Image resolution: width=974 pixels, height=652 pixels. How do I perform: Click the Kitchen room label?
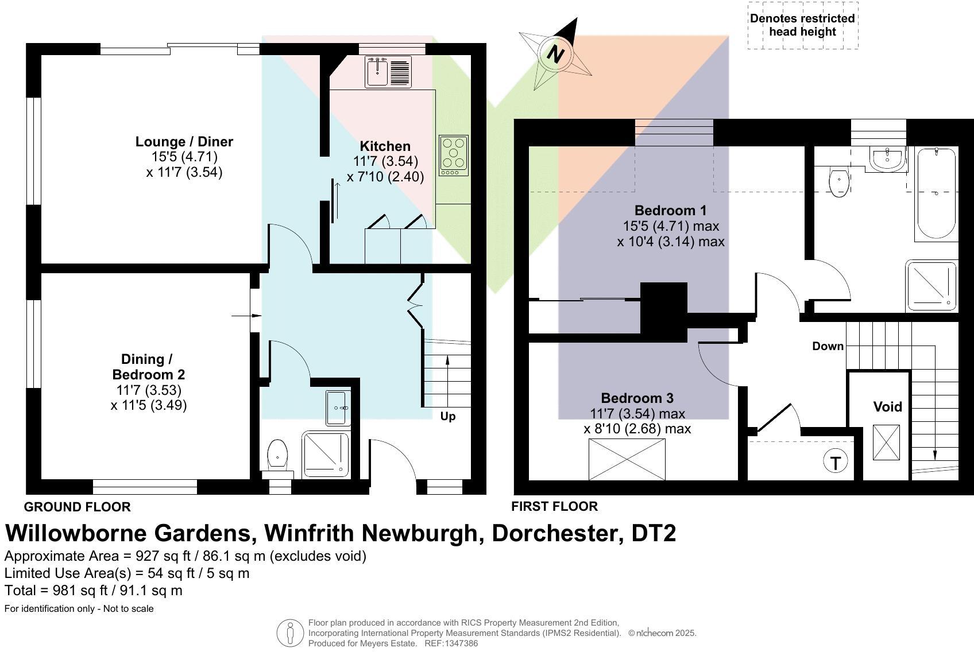pos(385,146)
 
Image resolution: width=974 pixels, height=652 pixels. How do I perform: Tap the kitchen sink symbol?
pos(388,72)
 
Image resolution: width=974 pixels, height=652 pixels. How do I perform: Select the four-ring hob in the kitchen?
pos(454,155)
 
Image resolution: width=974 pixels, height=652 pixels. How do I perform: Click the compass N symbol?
pos(555,54)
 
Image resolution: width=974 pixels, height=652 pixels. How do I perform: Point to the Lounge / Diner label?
pos(184,142)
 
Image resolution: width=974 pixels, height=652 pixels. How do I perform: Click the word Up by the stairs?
pos(448,416)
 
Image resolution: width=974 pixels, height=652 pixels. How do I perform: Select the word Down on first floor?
pos(828,346)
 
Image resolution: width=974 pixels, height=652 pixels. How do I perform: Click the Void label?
pos(887,407)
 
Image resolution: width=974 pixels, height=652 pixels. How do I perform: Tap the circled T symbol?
pos(835,462)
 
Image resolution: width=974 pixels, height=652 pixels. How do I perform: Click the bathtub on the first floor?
pos(936,193)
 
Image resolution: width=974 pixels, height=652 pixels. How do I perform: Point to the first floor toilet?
pos(840,181)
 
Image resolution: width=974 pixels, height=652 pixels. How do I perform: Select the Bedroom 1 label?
pos(670,210)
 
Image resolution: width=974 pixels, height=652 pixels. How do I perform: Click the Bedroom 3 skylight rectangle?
pos(627,459)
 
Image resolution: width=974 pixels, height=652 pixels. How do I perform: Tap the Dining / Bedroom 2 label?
pos(148,367)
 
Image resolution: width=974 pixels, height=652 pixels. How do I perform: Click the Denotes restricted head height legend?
pos(802,25)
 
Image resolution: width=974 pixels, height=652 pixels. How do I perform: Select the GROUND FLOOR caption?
pos(77,507)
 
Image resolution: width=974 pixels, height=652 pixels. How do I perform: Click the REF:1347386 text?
pos(451,643)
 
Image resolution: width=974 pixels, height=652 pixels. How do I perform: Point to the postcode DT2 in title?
pos(654,533)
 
